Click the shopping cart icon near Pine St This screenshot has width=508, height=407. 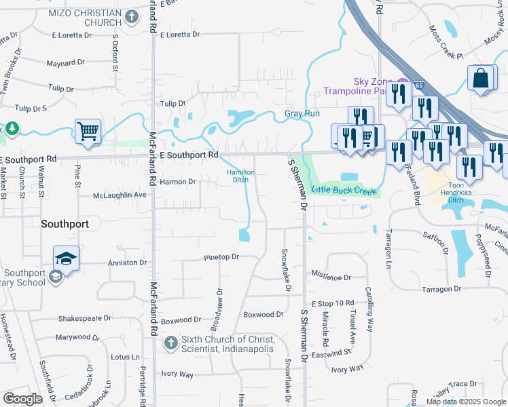click(88, 132)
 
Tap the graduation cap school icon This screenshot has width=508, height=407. click(66, 258)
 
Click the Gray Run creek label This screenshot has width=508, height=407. click(302, 113)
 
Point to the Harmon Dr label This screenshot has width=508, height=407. click(177, 181)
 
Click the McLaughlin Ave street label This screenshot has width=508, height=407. click(120, 195)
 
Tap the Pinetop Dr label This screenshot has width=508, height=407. click(221, 257)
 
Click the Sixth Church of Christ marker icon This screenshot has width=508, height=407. click(172, 343)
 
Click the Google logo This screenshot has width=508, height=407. click(22, 399)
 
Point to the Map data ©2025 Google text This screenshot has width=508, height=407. click(466, 402)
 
